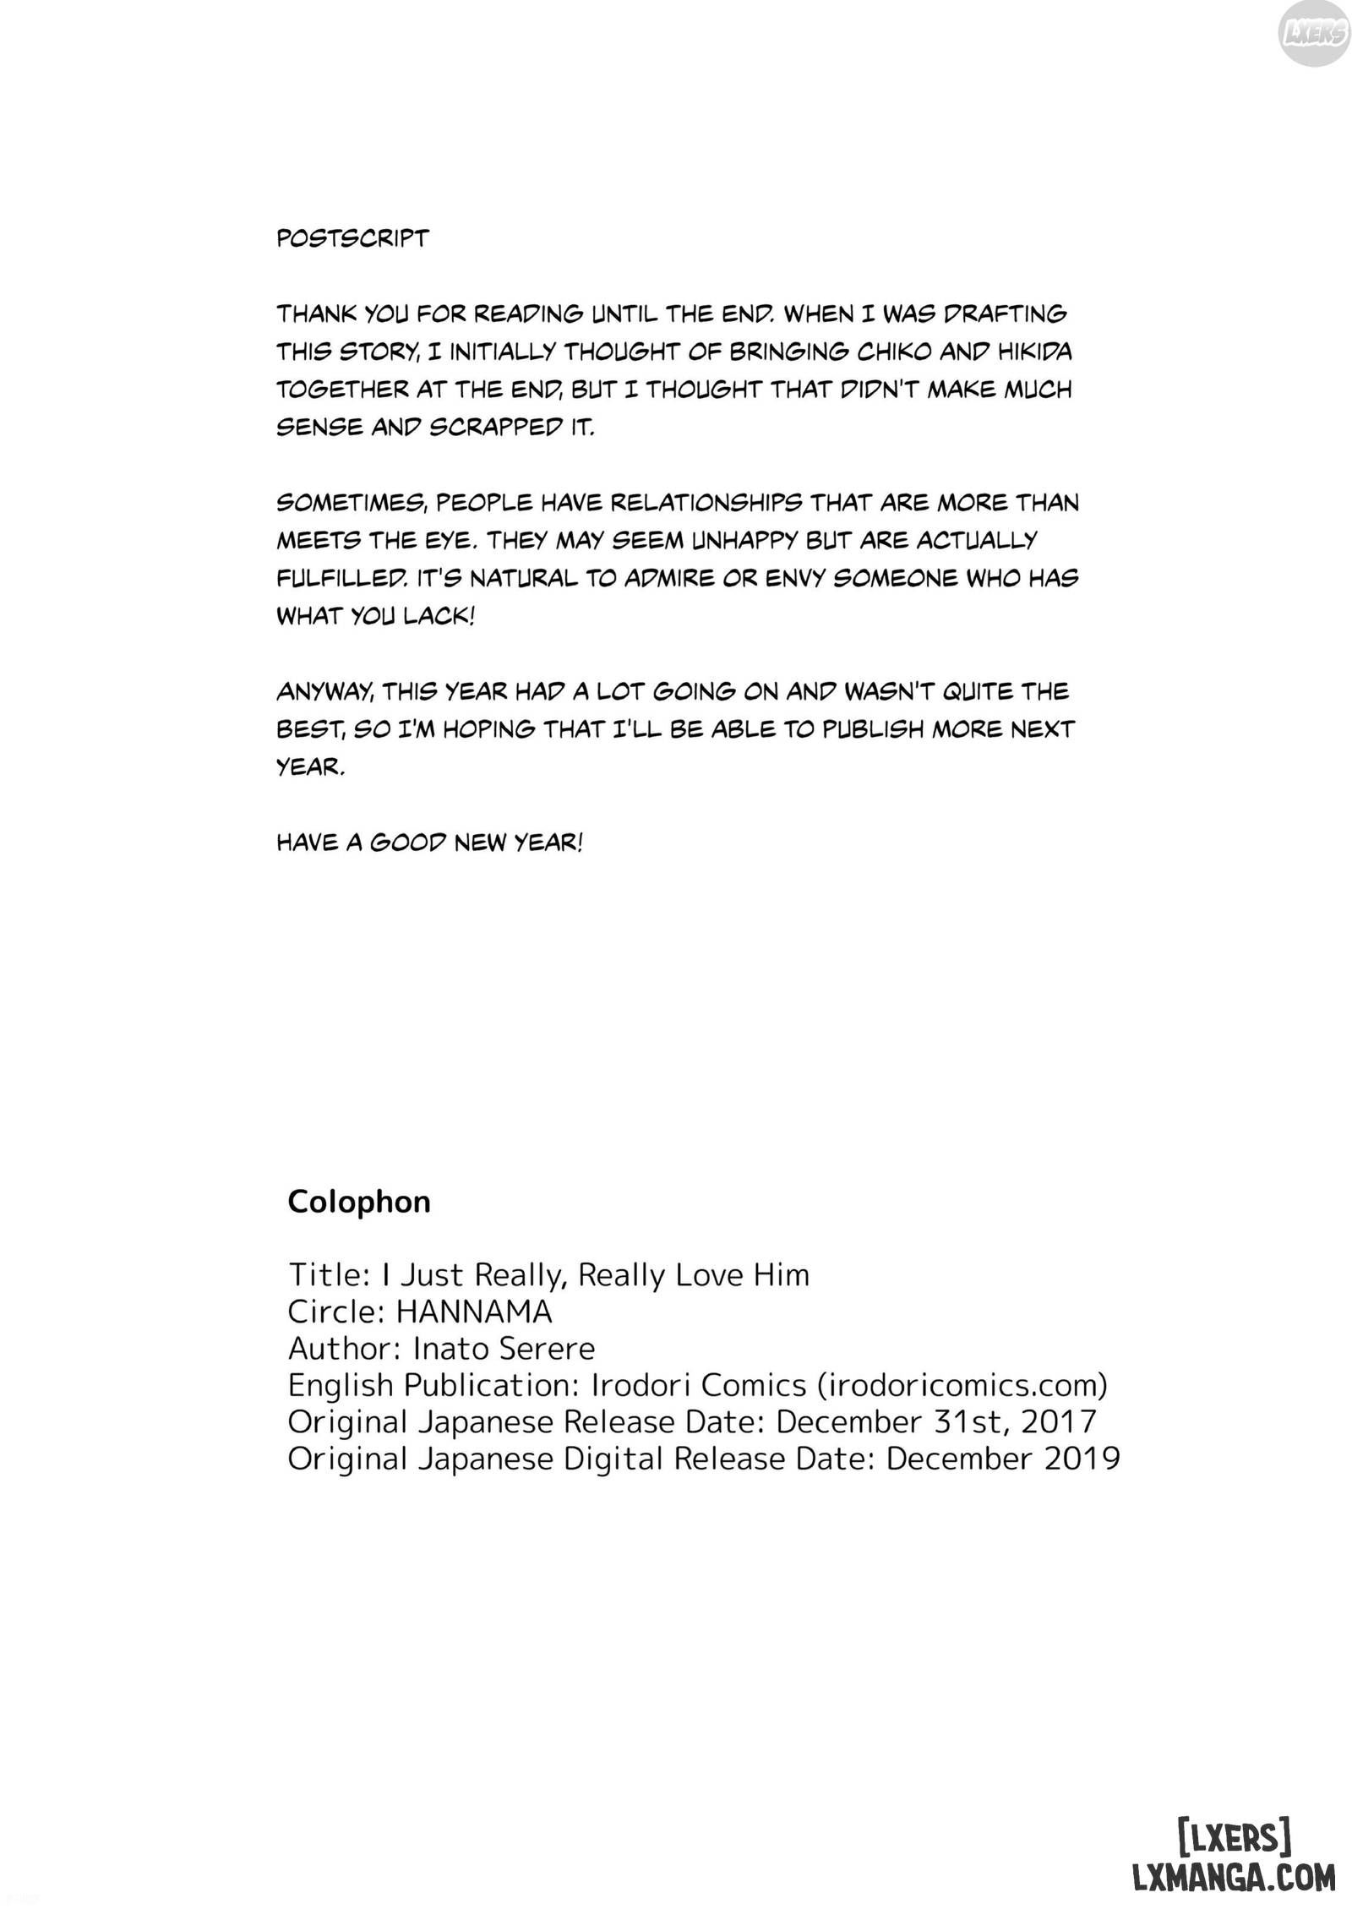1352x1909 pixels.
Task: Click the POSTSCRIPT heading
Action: pos(352,238)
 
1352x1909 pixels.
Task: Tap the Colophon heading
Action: pos(359,1201)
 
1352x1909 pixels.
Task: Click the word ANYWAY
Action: pos(324,691)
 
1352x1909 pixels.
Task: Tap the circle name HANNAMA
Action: pos(473,1311)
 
